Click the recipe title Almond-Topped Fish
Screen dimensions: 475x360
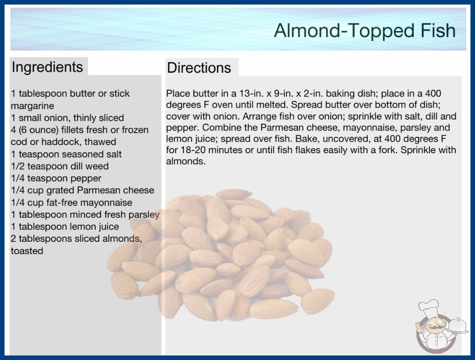click(365, 30)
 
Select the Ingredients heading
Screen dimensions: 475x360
click(47, 67)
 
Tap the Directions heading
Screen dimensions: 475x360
click(199, 68)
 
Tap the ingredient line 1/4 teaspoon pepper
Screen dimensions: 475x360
click(56, 178)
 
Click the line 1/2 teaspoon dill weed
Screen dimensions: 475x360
click(59, 166)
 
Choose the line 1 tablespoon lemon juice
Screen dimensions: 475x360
click(65, 226)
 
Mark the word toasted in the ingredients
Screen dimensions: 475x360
click(27, 251)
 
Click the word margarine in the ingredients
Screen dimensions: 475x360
click(32, 106)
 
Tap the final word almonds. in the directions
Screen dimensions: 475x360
click(186, 161)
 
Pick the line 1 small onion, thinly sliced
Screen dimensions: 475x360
click(68, 118)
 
